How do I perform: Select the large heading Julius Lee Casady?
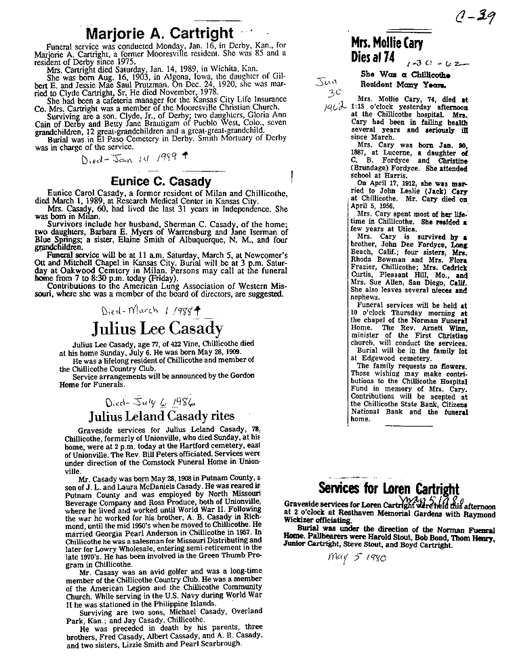click(x=157, y=330)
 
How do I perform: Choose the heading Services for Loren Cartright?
click(x=388, y=489)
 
